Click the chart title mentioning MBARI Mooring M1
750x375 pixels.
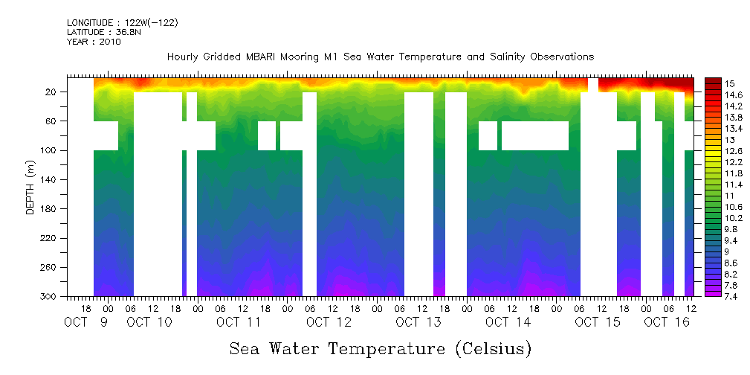tap(380, 57)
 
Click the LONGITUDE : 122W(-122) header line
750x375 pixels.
tap(122, 23)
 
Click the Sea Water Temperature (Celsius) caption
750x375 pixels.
tap(380, 347)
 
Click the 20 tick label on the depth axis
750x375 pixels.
tap(52, 92)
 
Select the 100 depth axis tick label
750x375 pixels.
tap(49, 150)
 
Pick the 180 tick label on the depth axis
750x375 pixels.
tap(49, 209)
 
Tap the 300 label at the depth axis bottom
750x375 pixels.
tap(49, 297)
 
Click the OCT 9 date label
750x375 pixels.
tap(87, 321)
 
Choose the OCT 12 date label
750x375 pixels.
tap(328, 321)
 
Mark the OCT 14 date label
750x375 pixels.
tap(508, 321)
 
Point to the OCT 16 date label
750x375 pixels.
tap(667, 321)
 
